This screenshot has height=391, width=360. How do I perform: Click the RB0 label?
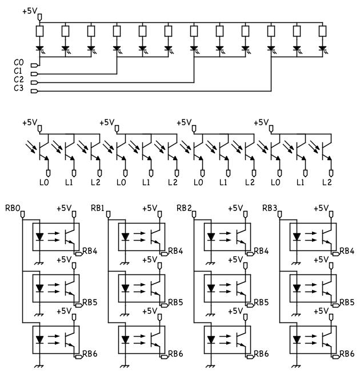13,207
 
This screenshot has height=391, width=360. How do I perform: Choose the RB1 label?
98,207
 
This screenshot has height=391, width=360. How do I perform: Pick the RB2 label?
184,207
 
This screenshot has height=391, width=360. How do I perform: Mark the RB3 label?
270,207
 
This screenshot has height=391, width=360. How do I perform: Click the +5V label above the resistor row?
30,11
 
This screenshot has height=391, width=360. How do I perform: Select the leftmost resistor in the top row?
39,31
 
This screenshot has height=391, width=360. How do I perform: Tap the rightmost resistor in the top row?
322,31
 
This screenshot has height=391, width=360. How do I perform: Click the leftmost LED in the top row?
39,49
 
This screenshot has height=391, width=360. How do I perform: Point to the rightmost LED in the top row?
322,49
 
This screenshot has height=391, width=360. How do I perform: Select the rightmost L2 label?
327,182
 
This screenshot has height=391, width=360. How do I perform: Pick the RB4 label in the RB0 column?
90,250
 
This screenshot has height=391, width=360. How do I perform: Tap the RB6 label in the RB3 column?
347,354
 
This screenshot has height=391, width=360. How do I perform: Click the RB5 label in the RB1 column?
175,302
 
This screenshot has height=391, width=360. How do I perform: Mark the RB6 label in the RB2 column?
261,354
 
